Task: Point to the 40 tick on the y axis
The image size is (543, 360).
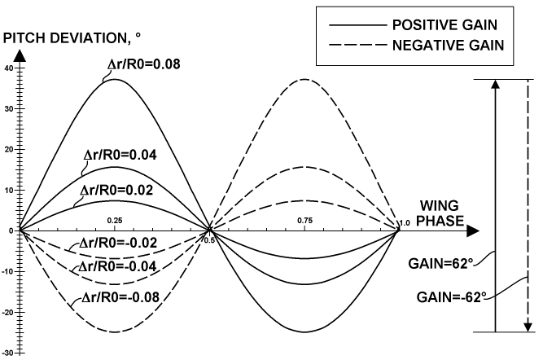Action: [9, 68]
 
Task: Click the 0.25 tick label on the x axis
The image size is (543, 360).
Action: [115, 221]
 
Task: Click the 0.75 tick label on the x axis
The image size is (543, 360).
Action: [305, 221]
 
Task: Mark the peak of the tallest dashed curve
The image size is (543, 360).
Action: [305, 79]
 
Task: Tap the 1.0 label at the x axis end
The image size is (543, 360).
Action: [405, 222]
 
